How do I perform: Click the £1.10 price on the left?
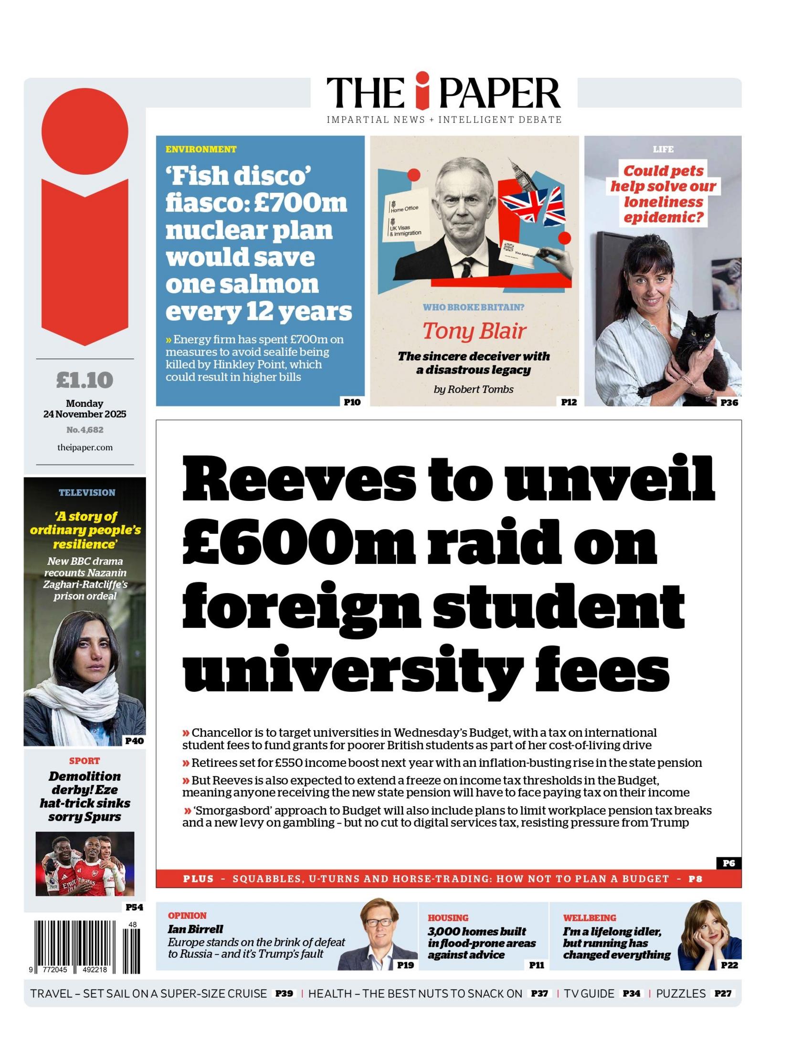84,380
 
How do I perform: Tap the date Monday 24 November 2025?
84,409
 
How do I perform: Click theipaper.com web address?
84,447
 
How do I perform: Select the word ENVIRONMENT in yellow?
200,149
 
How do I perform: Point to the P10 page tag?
352,402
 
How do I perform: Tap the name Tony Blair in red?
474,331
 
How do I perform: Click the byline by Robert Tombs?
473,389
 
